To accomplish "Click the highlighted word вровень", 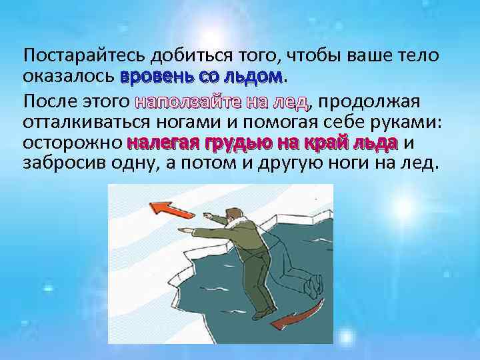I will coord(154,77).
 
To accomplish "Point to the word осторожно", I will coord(73,143).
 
